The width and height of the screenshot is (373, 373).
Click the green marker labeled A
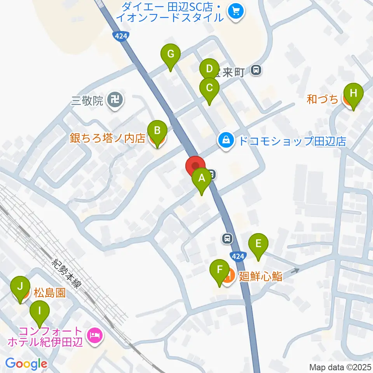coord(201,179)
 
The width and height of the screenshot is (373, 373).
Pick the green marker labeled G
coord(170,55)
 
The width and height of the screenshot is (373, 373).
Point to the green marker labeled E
coord(258,245)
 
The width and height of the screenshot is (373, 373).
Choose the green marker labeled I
coord(40,312)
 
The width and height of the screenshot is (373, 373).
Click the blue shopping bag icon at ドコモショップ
coord(225,141)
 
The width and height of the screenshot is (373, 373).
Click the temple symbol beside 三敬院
coord(115,101)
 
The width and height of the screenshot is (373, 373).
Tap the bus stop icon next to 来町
coord(256,70)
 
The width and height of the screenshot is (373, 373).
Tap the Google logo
coord(26,364)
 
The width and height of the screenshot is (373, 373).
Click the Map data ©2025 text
coord(340,367)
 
